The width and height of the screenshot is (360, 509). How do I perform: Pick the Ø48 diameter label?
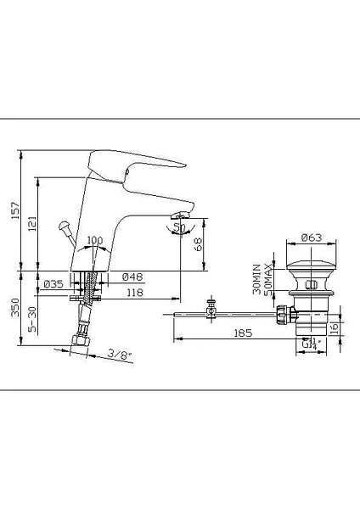[132, 277]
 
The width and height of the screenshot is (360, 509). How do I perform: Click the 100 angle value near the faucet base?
[94, 241]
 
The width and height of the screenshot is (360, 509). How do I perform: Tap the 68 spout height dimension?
[198, 245]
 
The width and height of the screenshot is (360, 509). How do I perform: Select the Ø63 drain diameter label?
[311, 238]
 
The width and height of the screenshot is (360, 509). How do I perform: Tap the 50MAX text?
[269, 279]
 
